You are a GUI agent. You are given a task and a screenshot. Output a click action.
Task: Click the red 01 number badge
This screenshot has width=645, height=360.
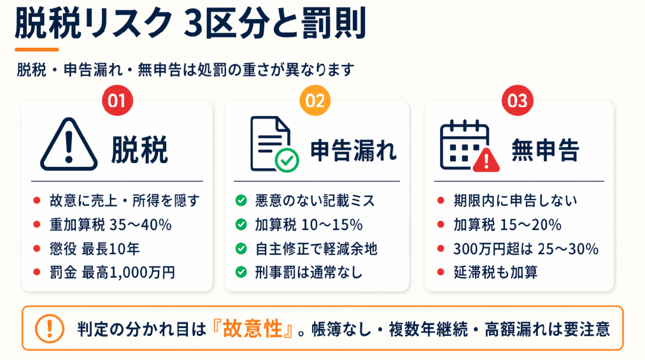[117, 101]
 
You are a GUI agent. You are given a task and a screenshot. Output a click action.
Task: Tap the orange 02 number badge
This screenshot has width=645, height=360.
[315, 101]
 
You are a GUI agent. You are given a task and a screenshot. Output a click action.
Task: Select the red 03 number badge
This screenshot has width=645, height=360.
[518, 101]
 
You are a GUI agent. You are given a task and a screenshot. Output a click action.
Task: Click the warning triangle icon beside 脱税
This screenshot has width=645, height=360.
[69, 144]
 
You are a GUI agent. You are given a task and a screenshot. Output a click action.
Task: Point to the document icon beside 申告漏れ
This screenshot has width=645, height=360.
[270, 143]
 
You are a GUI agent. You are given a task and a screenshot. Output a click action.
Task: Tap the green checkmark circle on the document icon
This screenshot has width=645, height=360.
[287, 161]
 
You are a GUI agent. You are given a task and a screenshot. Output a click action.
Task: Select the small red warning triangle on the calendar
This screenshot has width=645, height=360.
[486, 160]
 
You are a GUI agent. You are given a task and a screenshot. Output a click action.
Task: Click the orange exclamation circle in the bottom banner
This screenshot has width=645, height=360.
[50, 328]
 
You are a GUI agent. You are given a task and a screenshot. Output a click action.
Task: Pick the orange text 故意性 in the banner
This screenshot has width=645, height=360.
[253, 328]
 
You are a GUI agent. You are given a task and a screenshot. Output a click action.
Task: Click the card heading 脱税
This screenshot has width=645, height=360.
[139, 150]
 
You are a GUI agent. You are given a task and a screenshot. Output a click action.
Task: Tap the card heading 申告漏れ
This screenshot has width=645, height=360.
[353, 150]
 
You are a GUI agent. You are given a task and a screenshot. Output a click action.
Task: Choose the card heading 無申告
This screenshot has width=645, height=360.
[546, 150]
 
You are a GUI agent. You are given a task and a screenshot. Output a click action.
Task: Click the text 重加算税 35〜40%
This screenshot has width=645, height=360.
[111, 225]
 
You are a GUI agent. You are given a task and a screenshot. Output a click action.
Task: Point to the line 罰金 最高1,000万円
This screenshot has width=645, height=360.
[112, 272]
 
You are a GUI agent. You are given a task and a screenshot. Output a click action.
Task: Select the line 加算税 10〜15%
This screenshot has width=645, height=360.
[309, 225]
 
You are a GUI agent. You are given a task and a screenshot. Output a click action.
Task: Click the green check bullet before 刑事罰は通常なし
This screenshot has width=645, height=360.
[241, 272]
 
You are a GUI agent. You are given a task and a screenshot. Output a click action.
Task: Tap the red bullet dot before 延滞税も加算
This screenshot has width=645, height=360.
[441, 272]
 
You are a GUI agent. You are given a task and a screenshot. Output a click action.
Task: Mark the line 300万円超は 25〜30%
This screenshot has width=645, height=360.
[526, 248]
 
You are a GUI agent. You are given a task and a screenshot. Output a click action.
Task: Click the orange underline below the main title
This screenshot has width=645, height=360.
[36, 50]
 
